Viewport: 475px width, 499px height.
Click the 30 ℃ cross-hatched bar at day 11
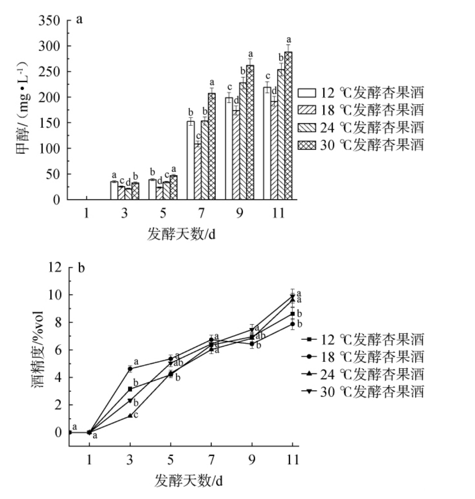[288, 125]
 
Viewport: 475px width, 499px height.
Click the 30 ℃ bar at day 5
[174, 188]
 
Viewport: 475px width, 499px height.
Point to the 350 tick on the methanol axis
[49, 20]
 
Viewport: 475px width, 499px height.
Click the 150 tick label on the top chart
[49, 123]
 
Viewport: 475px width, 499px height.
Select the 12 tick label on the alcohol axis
[55, 268]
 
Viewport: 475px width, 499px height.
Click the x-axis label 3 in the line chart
[130, 459]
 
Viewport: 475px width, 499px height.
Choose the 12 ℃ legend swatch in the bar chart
[307, 93]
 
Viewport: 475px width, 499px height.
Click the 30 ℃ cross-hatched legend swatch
[307, 145]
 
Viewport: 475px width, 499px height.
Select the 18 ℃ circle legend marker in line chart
[309, 356]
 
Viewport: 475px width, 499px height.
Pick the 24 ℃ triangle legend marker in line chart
[309, 374]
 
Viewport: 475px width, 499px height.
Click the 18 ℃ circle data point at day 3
[130, 369]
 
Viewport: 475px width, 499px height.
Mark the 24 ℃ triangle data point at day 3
[130, 416]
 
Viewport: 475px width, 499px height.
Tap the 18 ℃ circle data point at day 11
[292, 324]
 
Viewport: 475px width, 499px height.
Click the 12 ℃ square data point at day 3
[130, 389]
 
